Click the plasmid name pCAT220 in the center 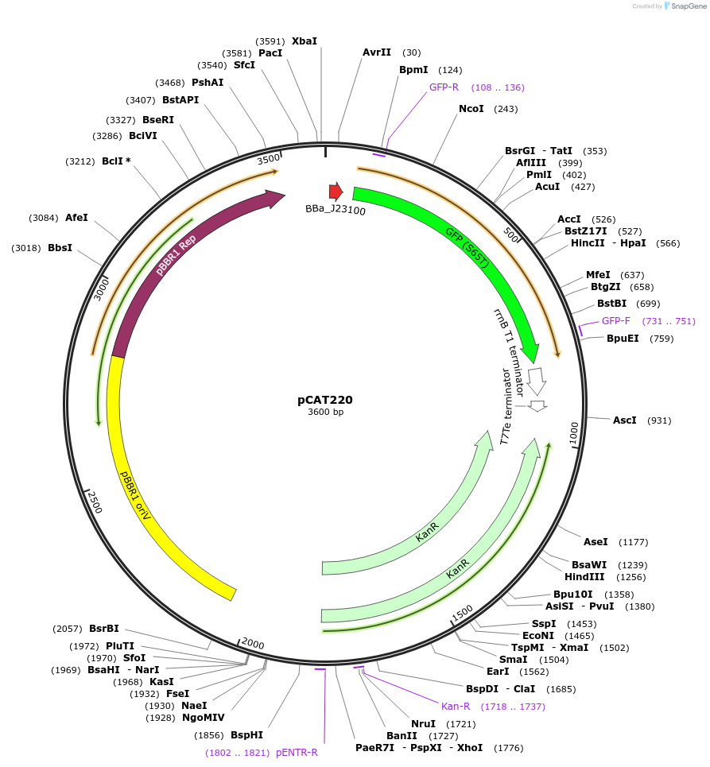click(x=325, y=400)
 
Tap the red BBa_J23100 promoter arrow click(x=336, y=192)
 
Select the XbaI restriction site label click(x=304, y=41)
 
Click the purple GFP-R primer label click(x=444, y=87)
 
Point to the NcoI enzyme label click(x=471, y=109)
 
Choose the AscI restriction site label click(x=624, y=420)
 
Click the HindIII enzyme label click(x=584, y=577)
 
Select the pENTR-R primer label click(x=297, y=752)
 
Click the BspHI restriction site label click(x=246, y=735)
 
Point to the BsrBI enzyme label click(x=103, y=628)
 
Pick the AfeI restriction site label click(x=76, y=218)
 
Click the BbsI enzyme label click(x=60, y=248)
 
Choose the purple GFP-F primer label click(x=615, y=321)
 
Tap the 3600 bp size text click(x=325, y=412)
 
